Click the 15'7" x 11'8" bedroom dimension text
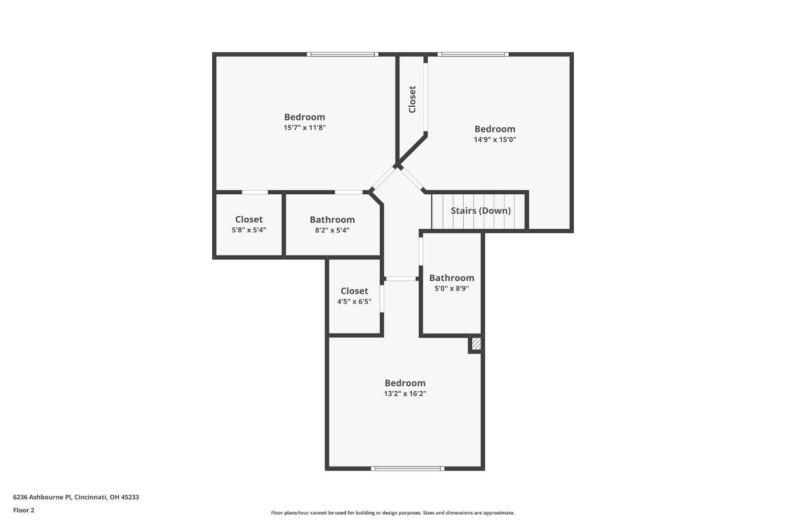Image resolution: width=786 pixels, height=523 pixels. pyautogui.click(x=304, y=128)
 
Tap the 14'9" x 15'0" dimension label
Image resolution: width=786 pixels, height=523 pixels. pyautogui.click(x=495, y=140)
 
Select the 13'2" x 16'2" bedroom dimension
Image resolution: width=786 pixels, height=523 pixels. pyautogui.click(x=405, y=394)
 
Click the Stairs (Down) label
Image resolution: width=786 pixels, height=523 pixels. pyautogui.click(x=481, y=210)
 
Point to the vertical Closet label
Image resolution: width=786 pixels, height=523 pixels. pyautogui.click(x=412, y=99)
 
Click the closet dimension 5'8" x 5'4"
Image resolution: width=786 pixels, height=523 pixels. pyautogui.click(x=249, y=230)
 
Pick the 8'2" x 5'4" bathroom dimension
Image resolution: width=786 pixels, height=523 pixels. pyautogui.click(x=332, y=230)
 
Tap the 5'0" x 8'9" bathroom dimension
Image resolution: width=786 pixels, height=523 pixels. pyautogui.click(x=452, y=288)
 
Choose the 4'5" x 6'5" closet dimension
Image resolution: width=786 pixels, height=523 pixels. pyautogui.click(x=354, y=302)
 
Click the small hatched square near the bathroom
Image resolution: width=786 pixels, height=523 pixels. pyautogui.click(x=476, y=344)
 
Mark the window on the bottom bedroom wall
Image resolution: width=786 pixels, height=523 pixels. pyautogui.click(x=408, y=469)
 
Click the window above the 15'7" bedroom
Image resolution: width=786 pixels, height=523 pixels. pyautogui.click(x=342, y=54)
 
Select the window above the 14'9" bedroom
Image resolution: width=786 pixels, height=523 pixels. pyautogui.click(x=473, y=54)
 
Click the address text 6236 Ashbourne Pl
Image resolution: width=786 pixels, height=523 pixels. pyautogui.click(x=76, y=497)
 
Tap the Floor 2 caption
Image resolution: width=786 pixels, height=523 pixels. pyautogui.click(x=24, y=510)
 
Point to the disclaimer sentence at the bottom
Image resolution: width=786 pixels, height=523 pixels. pyautogui.click(x=392, y=513)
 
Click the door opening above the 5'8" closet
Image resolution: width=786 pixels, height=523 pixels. pyautogui.click(x=255, y=192)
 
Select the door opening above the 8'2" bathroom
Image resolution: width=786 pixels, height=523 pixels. pyautogui.click(x=348, y=192)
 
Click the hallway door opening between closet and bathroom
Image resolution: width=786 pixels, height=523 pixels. pyautogui.click(x=401, y=279)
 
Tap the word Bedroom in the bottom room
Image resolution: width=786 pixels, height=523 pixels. pyautogui.click(x=405, y=383)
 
